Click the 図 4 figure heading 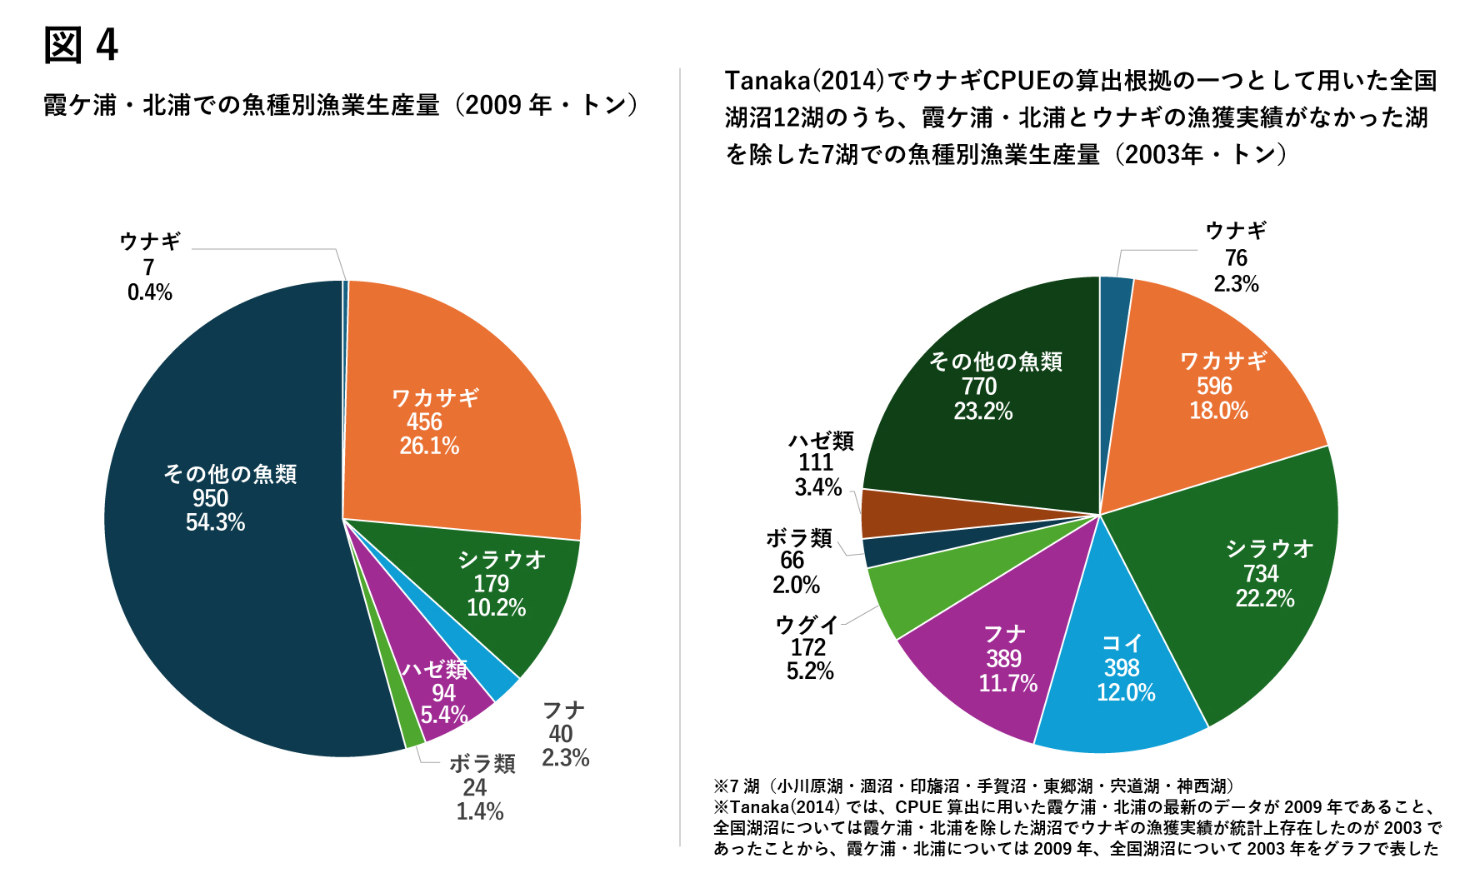pos(81,45)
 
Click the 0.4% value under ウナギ pos(150,292)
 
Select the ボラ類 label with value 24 pos(482,786)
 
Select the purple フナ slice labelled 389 pos(1000,666)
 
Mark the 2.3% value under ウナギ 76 pos(1236,284)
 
